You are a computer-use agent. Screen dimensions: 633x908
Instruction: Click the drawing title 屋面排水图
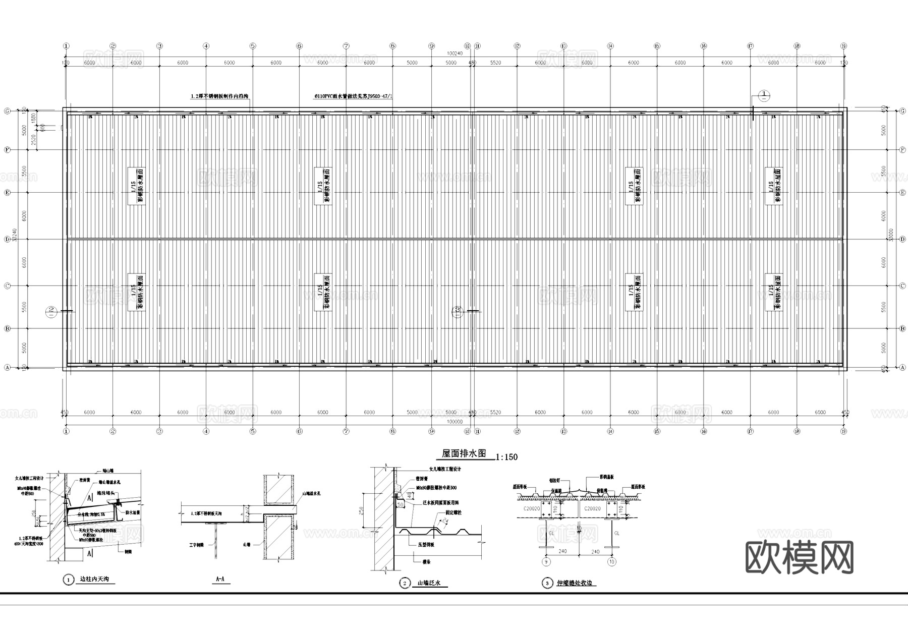(x=464, y=453)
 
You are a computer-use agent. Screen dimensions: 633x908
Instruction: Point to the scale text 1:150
(x=506, y=457)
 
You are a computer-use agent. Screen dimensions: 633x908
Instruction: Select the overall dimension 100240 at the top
(x=455, y=53)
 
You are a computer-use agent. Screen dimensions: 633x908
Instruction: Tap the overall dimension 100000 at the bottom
(x=455, y=422)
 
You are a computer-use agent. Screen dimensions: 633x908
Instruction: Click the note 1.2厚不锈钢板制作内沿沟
(x=219, y=96)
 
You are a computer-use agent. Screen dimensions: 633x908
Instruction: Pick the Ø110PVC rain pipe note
(x=353, y=96)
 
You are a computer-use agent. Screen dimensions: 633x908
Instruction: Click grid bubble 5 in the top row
(x=253, y=46)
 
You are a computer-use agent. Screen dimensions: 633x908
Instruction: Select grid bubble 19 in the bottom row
(x=843, y=431)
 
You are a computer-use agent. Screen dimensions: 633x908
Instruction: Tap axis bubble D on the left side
(x=7, y=239)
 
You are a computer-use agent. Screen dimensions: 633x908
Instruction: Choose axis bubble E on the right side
(x=902, y=193)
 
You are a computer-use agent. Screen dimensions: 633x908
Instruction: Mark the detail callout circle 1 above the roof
(x=764, y=95)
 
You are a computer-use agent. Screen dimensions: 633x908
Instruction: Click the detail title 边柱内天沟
(x=94, y=580)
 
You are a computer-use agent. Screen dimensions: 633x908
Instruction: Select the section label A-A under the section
(x=220, y=580)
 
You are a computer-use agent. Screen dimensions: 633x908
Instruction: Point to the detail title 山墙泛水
(x=429, y=583)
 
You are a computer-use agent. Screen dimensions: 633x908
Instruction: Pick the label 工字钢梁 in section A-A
(x=196, y=545)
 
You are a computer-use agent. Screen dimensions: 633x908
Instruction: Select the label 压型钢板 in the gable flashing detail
(x=426, y=545)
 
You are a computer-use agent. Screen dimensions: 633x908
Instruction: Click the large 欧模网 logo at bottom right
(x=799, y=557)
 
